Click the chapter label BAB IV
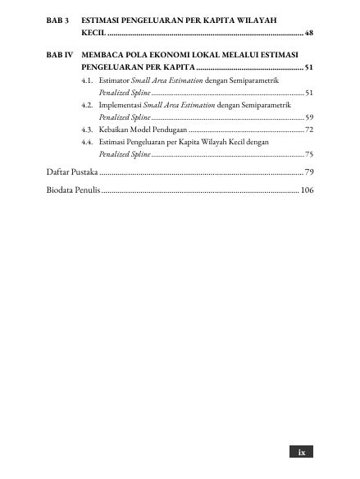click(x=58, y=52)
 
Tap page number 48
click(x=308, y=34)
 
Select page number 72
click(x=308, y=130)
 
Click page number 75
click(x=308, y=153)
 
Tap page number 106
click(x=306, y=190)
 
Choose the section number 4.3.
click(x=86, y=130)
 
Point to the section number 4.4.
click(x=86, y=142)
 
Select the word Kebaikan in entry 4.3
click(x=115, y=130)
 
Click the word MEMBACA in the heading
click(x=103, y=52)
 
